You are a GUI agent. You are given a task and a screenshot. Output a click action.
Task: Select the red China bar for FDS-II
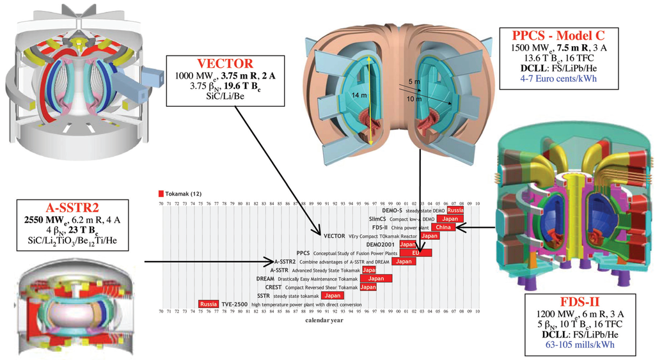(442, 227)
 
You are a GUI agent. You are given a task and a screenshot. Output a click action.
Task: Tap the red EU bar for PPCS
(415, 253)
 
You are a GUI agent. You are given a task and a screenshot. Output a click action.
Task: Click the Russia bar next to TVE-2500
(209, 304)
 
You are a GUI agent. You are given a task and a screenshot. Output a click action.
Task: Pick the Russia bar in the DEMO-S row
(455, 210)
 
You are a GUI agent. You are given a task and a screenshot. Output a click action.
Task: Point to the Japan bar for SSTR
(332, 295)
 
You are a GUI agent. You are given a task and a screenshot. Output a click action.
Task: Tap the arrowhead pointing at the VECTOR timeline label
(322, 233)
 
